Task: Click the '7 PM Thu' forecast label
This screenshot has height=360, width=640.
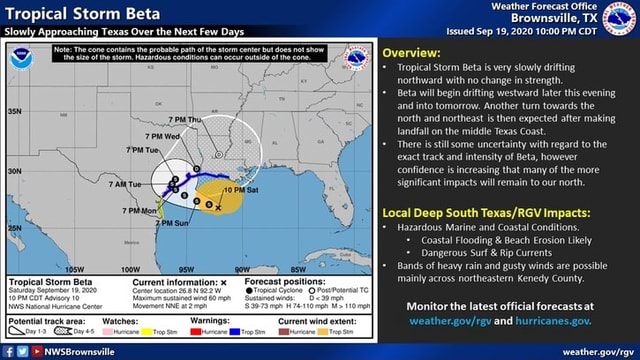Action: (183, 119)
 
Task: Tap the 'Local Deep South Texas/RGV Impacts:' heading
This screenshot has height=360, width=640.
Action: (490, 212)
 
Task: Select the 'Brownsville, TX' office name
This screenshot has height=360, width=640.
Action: (583, 18)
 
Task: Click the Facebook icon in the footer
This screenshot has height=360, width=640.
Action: (8, 352)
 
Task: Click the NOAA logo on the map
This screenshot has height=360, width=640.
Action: (20, 59)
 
